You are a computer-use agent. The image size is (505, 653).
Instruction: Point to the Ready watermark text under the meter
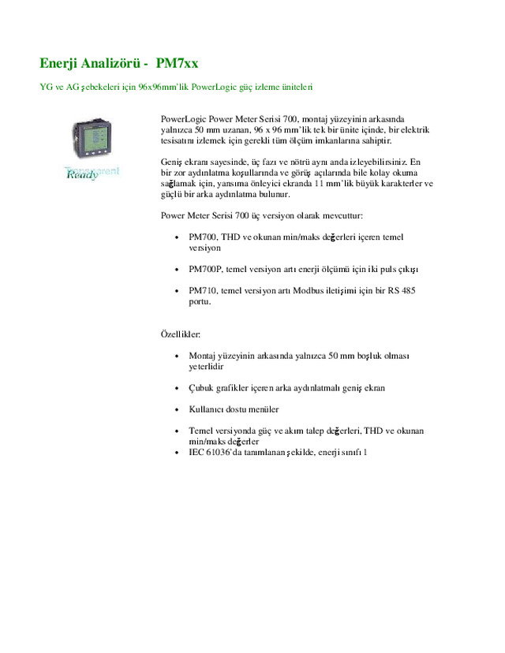(83, 174)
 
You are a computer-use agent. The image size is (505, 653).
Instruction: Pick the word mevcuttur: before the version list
(339, 215)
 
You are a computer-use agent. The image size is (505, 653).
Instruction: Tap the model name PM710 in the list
(202, 290)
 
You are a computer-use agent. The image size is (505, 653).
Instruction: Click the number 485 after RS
(407, 290)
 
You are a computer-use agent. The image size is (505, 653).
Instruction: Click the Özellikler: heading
(181, 334)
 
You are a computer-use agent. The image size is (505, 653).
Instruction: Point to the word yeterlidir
(207, 367)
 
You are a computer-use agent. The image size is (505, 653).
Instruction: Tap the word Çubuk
(201, 388)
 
